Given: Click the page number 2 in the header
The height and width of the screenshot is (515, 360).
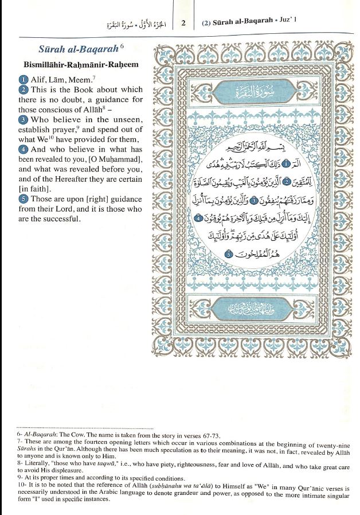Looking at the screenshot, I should click(183, 24).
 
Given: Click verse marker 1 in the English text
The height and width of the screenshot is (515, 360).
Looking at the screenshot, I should click(22, 80).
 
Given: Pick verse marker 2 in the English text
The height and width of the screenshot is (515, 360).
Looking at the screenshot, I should click(22, 90).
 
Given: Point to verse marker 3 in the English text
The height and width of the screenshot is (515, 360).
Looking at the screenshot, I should click(22, 120).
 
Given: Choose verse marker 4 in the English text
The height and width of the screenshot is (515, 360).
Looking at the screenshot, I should click(22, 149).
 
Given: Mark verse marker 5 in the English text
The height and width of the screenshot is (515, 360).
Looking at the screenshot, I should click(22, 199).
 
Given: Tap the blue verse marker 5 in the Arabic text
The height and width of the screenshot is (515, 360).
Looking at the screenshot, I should click(228, 253).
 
